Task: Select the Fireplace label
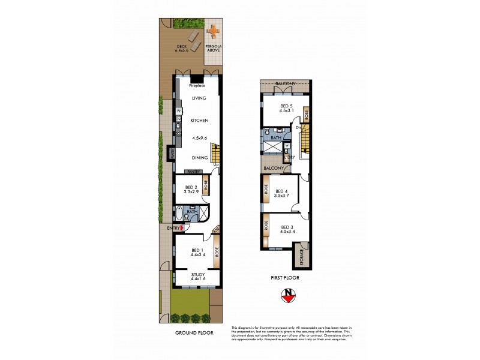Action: [x=197, y=86]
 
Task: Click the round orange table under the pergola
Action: [x=213, y=30]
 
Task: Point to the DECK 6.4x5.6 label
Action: [x=181, y=49]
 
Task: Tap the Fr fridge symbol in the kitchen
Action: [x=179, y=111]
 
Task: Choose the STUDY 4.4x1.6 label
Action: [x=197, y=277]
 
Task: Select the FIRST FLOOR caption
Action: [x=285, y=278]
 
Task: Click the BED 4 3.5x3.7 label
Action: [x=282, y=193]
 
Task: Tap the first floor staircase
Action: [x=305, y=145]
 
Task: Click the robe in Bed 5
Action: [x=305, y=112]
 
